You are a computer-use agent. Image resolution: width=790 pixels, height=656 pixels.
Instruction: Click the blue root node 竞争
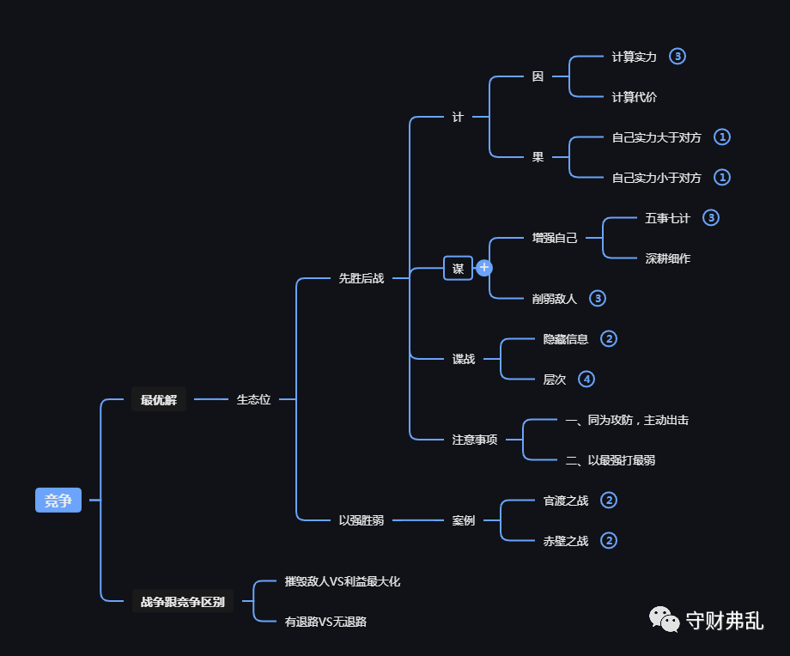pos(58,500)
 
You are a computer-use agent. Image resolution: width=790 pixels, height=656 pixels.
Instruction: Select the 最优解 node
pos(158,399)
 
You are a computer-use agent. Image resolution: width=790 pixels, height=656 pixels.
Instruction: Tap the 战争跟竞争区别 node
pos(182,602)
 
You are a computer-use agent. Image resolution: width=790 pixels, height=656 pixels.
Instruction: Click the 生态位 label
pos(253,399)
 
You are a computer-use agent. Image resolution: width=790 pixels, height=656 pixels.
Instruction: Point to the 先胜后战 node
pos(361,278)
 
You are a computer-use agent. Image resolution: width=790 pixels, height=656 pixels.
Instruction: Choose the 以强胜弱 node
pos(361,520)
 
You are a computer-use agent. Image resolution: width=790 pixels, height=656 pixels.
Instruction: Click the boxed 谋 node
pos(458,268)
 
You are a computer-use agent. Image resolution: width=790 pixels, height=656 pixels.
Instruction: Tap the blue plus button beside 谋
pos(484,268)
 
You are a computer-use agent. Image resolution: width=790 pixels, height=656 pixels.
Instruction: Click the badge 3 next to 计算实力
pos(678,57)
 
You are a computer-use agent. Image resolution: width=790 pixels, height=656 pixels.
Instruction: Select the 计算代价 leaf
pos(634,97)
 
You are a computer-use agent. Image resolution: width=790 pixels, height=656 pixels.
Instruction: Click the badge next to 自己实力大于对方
pos(722,137)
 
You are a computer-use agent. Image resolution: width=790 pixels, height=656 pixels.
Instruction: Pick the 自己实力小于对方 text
pos(656,178)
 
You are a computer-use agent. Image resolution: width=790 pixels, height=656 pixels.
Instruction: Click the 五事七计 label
pos(667,218)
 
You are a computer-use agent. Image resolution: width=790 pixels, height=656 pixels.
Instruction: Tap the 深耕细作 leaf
pos(667,258)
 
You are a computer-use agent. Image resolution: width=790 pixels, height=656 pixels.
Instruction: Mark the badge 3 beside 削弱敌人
pos(598,299)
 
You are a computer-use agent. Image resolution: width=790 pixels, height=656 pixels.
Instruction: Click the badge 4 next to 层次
pos(586,379)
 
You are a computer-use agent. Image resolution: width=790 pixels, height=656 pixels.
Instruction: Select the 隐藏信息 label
pos(565,339)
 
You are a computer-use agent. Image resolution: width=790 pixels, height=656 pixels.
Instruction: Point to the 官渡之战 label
pos(565,501)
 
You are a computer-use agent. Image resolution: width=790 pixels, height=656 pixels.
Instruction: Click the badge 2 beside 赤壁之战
pos(609,541)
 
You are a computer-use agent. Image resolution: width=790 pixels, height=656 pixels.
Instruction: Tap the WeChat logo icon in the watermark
pos(662,619)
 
